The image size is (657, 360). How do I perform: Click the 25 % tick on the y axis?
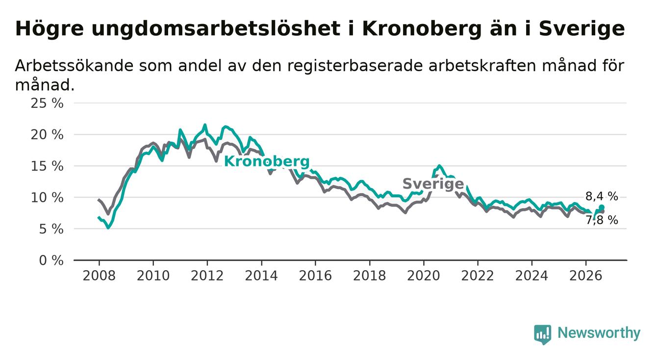(x=47, y=103)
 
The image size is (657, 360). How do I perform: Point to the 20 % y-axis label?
(x=47, y=135)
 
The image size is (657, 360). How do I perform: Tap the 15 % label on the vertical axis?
(x=47, y=166)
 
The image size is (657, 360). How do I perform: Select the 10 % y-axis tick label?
(x=47, y=198)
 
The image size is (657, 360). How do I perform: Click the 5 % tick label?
(x=51, y=229)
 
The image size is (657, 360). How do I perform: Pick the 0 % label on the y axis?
(x=51, y=260)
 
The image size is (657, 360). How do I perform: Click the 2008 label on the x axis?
(x=99, y=276)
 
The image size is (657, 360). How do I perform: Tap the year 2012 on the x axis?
(x=207, y=276)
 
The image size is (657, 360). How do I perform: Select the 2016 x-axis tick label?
(x=315, y=276)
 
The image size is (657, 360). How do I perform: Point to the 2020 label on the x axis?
(x=424, y=276)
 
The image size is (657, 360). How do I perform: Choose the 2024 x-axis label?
(x=531, y=276)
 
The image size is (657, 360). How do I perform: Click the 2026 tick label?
(x=586, y=276)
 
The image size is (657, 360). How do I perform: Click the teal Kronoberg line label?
(x=267, y=162)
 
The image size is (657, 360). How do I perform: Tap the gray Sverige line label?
(x=433, y=184)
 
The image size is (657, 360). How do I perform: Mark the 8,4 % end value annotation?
(x=602, y=196)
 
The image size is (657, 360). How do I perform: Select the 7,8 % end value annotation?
(x=602, y=220)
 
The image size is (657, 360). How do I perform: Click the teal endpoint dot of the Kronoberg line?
(x=602, y=207)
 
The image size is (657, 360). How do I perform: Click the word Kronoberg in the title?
(x=422, y=29)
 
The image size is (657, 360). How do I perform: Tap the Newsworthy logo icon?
(x=543, y=334)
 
